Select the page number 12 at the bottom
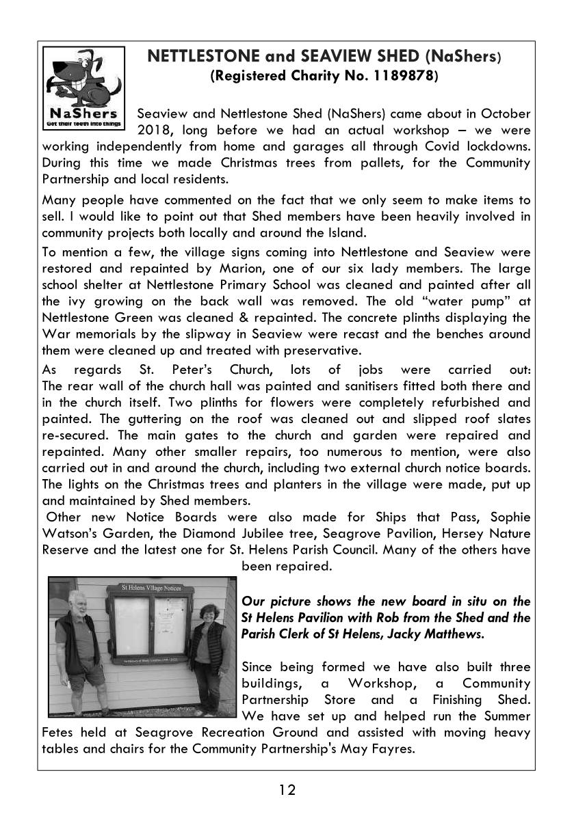pyautogui.click(x=287, y=791)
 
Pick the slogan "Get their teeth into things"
pyautogui.click(x=83, y=124)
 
